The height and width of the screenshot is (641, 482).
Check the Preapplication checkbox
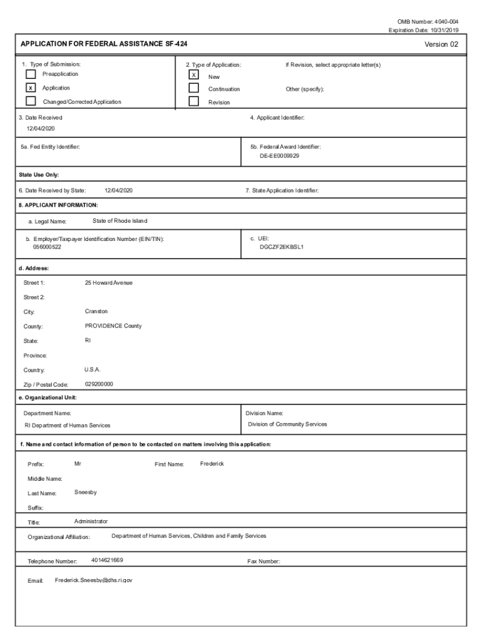coord(31,74)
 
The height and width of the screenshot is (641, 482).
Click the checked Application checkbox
coord(31,88)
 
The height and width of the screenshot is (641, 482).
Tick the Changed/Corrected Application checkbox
coord(31,101)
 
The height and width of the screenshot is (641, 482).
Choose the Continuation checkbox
coord(194,88)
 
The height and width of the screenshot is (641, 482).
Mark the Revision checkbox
coord(194,101)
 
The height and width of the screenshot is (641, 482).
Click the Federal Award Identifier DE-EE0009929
coord(279,155)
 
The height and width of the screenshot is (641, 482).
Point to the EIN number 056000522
coord(47,247)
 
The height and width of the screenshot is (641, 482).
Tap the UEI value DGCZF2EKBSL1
coord(282,247)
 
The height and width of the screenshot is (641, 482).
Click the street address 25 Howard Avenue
coord(108,283)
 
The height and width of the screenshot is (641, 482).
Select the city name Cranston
coord(96,311)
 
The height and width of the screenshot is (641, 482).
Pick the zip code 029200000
coord(99,384)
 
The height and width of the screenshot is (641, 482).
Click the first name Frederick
coord(212,464)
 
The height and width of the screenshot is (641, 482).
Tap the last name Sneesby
coord(85,492)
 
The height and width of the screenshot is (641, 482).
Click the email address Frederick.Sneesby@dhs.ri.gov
coord(93,580)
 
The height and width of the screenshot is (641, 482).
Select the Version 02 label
coord(441,44)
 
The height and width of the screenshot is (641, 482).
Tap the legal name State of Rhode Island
coord(120,221)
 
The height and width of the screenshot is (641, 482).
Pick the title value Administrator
coord(91,521)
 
